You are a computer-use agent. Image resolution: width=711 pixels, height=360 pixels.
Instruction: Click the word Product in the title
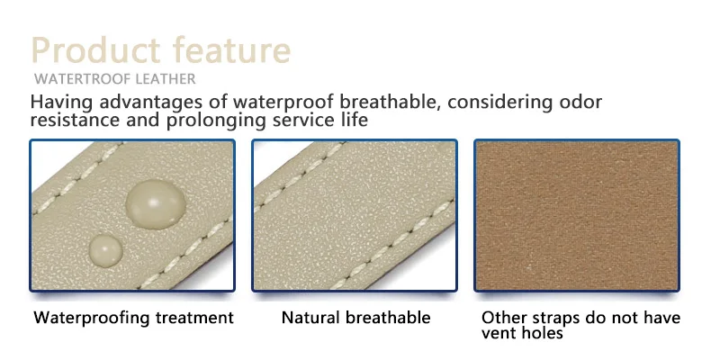point(95,49)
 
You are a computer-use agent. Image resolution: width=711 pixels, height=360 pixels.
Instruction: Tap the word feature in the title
point(231,49)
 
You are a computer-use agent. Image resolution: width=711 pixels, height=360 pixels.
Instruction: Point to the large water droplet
point(156,203)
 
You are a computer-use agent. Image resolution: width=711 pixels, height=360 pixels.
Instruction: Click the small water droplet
point(105,250)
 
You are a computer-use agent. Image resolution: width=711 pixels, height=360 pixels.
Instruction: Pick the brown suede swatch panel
point(577,215)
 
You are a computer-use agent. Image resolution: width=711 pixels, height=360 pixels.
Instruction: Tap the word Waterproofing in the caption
point(92,318)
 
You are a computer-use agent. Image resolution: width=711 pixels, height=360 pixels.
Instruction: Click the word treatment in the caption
point(194,318)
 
